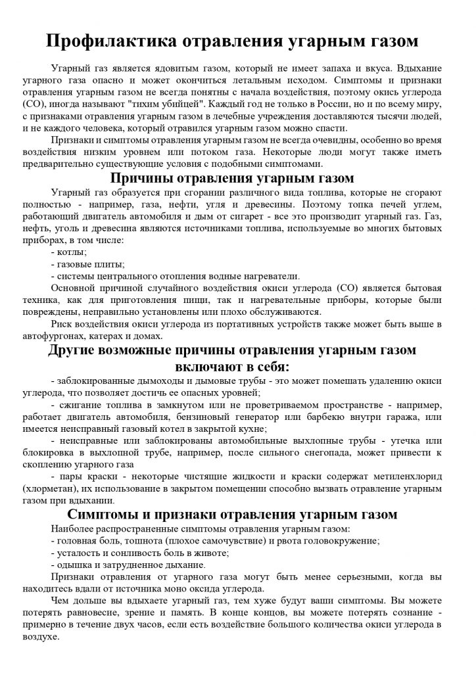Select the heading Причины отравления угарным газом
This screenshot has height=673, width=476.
tap(232, 178)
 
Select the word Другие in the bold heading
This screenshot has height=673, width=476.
tap(78, 350)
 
